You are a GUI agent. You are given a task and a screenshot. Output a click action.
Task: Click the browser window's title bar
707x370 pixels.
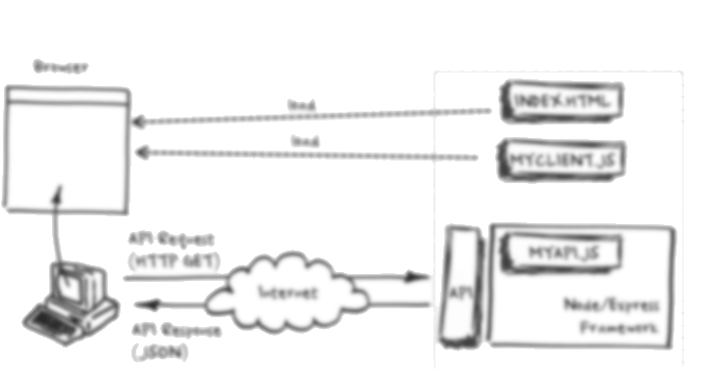(65, 97)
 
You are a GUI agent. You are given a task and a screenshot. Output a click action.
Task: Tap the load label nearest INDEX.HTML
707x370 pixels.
(301, 105)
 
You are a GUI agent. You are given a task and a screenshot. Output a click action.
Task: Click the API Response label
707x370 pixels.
(177, 330)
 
